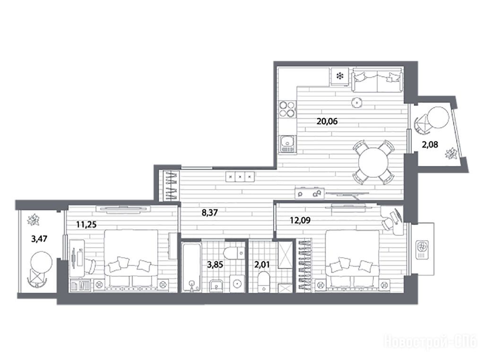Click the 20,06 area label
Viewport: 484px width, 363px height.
[x=327, y=121]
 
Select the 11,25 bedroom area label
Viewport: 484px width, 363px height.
[x=86, y=225]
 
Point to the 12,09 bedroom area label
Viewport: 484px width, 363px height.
[x=300, y=220]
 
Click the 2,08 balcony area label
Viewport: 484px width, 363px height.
[x=430, y=144]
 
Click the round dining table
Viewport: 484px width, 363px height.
[x=374, y=163]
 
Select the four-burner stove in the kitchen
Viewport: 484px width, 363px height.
[x=287, y=109]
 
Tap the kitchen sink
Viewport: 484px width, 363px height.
[x=288, y=145]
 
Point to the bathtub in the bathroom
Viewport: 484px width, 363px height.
[x=192, y=267]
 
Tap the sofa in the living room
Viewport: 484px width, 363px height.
[x=377, y=80]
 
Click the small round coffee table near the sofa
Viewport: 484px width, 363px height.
[x=356, y=102]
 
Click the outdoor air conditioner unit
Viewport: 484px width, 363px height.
[x=422, y=250]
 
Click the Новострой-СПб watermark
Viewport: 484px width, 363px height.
[x=431, y=342]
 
